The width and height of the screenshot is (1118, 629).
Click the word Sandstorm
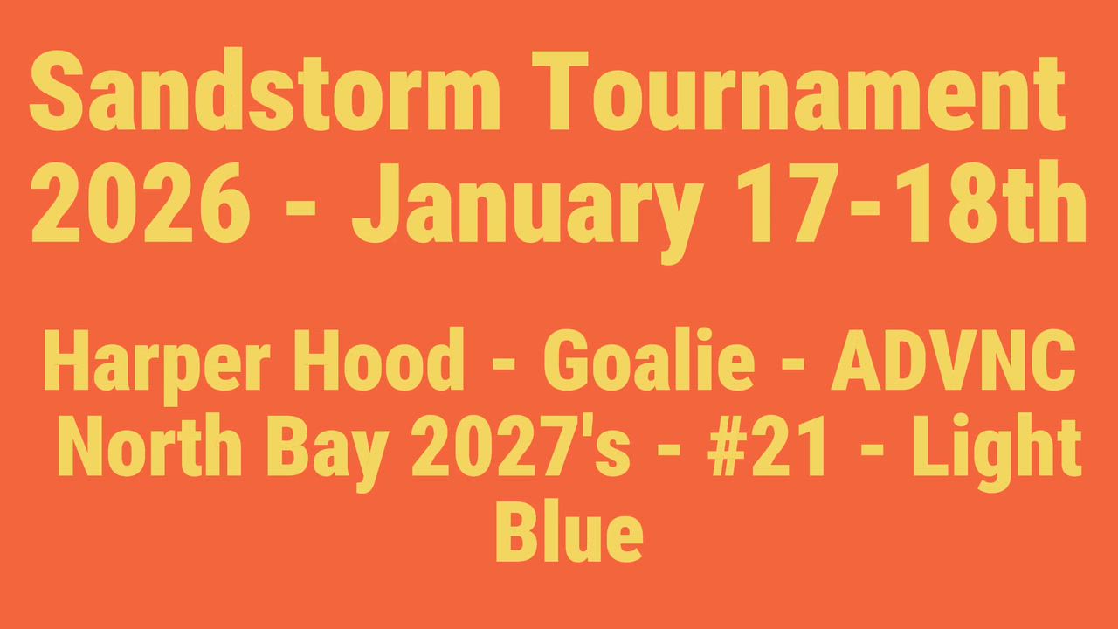point(265,90)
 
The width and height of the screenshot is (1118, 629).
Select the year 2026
point(140,203)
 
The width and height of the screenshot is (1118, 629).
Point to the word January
point(528,213)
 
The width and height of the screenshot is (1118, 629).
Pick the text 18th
point(990,202)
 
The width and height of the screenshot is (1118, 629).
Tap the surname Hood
point(379,359)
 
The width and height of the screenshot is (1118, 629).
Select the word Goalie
point(649,359)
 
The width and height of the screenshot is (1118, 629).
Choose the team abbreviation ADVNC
point(953,360)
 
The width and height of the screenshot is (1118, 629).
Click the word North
point(149,445)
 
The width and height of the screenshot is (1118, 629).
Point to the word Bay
point(328,453)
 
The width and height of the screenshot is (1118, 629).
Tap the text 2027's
point(521,446)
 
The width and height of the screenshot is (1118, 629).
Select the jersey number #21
point(765,446)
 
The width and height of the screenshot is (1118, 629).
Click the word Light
point(997,453)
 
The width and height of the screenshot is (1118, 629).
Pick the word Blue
point(569,530)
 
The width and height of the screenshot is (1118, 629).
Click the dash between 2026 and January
point(301,208)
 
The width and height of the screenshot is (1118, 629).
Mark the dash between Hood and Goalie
point(504,364)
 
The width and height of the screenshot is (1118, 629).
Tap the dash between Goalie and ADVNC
point(793,364)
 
